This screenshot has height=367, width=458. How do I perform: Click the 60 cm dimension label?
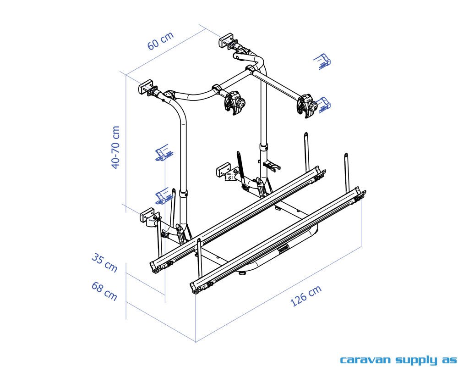click(160, 40)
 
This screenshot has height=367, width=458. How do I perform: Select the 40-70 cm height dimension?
click(116, 147)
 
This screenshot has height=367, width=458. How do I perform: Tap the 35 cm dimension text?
click(104, 262)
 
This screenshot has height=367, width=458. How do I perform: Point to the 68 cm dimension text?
click(104, 291)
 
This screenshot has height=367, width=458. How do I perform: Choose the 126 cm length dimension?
click(306, 295)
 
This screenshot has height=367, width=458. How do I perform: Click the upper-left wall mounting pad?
click(146, 86)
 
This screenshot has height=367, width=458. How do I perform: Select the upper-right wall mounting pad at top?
click(226, 40)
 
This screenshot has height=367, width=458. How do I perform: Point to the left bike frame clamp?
click(234, 103)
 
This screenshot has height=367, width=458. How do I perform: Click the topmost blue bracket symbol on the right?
click(322, 61)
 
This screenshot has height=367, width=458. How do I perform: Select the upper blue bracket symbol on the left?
click(164, 152)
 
